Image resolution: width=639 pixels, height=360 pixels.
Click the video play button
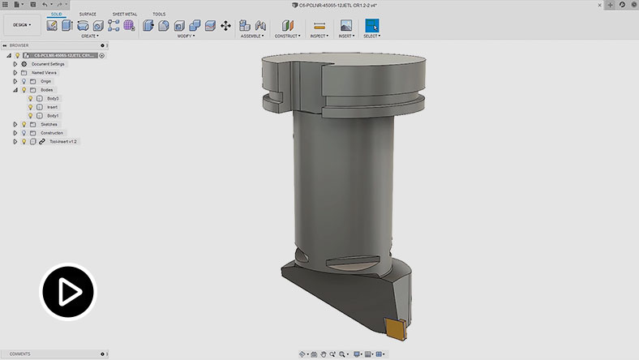tap(69, 290)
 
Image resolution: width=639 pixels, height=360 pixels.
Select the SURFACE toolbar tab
tap(88, 14)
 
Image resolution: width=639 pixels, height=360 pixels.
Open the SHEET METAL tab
tap(124, 14)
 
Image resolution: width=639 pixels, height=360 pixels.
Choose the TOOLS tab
tap(159, 14)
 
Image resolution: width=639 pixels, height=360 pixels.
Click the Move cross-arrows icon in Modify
tap(225, 25)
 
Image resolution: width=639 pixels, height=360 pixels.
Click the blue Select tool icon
tap(372, 25)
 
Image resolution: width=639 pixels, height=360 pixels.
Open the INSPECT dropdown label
tap(319, 36)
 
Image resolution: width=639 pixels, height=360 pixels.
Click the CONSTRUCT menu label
tap(287, 36)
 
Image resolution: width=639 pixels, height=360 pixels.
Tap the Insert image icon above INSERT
tap(346, 25)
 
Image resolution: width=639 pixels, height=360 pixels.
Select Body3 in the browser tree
tap(53, 98)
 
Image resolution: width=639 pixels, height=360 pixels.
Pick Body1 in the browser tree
tap(53, 115)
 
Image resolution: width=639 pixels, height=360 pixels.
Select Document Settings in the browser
tap(48, 64)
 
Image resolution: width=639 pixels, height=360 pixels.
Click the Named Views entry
tap(44, 72)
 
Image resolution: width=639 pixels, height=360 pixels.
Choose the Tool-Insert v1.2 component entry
tap(64, 141)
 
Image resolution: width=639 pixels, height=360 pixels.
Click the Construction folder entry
tap(52, 133)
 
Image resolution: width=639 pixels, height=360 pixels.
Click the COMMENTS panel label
tap(20, 354)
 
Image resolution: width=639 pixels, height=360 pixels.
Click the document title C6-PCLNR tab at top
tap(332, 4)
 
